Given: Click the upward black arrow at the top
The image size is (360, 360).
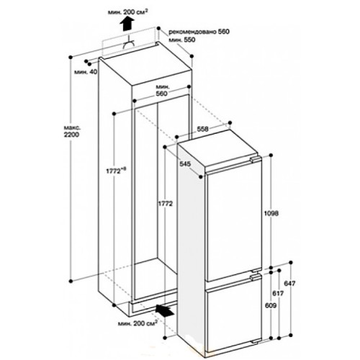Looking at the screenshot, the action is pyautogui.click(x=127, y=24).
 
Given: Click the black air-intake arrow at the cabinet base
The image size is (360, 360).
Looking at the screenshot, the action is pyautogui.click(x=164, y=311).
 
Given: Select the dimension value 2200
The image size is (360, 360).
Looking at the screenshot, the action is pyautogui.click(x=71, y=135).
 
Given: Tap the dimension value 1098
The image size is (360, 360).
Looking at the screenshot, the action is pyautogui.click(x=271, y=213).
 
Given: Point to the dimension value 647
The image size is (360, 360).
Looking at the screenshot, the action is pyautogui.click(x=289, y=284).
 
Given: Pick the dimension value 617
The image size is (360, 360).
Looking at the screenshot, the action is pyautogui.click(x=278, y=293).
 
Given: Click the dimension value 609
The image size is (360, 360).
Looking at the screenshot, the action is pyautogui.click(x=271, y=305).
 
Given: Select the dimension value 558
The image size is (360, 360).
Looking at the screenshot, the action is pyautogui.click(x=203, y=129).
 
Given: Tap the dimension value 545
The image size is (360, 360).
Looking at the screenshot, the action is pyautogui.click(x=185, y=163).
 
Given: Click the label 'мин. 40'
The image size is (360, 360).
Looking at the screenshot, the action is pyautogui.click(x=86, y=71).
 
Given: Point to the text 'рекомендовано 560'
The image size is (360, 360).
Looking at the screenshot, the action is pyautogui.click(x=199, y=32).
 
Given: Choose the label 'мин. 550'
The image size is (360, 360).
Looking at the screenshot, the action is pyautogui.click(x=182, y=40).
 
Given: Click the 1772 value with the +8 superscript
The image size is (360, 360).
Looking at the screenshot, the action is pyautogui.click(x=116, y=171).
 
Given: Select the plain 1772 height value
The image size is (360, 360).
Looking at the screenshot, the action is pyautogui.click(x=165, y=204).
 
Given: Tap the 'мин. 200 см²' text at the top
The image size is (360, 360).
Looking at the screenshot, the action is pyautogui.click(x=127, y=12).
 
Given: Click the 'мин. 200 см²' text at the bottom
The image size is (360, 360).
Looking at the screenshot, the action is pyautogui.click(x=138, y=323).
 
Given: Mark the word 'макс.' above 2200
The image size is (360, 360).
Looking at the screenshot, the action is pyautogui.click(x=71, y=127).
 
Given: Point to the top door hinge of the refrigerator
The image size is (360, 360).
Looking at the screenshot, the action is pyautogui.click(x=255, y=159).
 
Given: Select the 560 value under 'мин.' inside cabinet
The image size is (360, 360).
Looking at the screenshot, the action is pyautogui.click(x=162, y=94).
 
